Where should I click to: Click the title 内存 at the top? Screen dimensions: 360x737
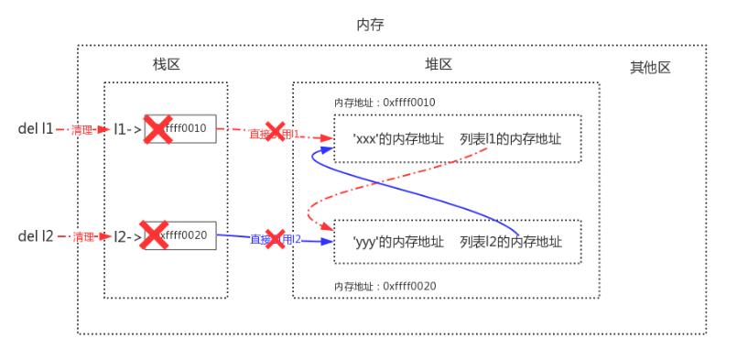[x=369, y=25]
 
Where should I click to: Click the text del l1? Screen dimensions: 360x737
[x=35, y=130]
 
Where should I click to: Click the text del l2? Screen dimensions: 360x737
[x=35, y=236]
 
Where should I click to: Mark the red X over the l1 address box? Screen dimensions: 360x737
[x=157, y=130]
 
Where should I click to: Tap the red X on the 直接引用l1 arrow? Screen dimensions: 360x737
[x=275, y=132]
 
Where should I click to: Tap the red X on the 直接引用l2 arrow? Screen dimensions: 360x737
[x=274, y=240]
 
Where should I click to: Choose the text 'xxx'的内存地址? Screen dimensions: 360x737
[x=398, y=139]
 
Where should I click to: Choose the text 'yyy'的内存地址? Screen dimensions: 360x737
[x=398, y=242]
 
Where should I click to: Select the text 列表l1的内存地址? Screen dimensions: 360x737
[x=511, y=139]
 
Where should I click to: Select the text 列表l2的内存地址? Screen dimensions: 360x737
[x=511, y=242]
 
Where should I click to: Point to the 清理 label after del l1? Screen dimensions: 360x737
[x=83, y=130]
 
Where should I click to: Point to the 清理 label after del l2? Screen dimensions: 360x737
[x=83, y=236]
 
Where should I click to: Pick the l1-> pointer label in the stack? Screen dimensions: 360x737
[x=127, y=130]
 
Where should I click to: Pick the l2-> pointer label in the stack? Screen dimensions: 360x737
[x=127, y=236]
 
